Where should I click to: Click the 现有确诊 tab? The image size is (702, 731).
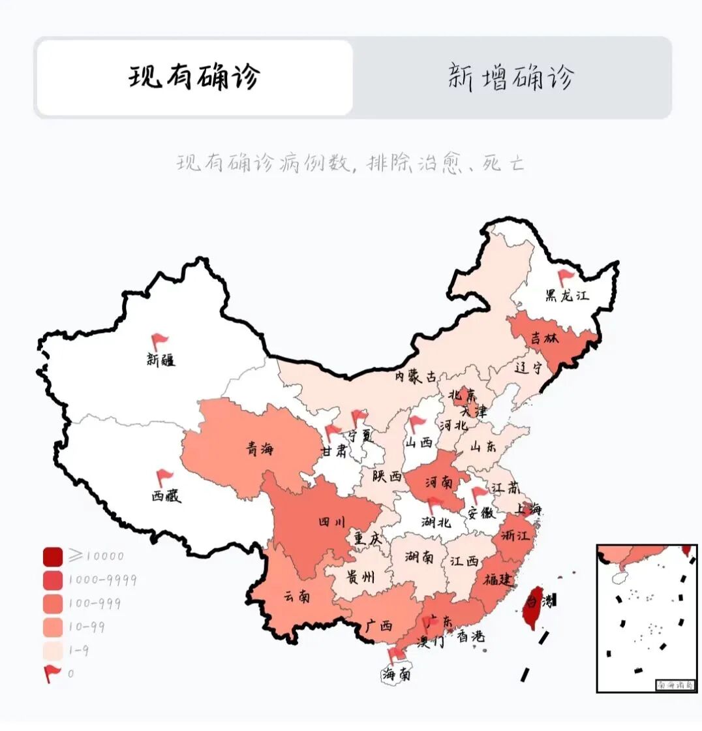[194, 78]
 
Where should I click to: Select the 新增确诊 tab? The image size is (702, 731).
[511, 78]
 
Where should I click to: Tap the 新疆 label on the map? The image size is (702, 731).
[160, 359]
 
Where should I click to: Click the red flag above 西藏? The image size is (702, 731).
[164, 478]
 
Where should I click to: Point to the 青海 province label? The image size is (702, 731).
[260, 448]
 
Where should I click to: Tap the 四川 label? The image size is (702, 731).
[326, 521]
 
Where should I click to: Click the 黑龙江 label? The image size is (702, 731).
[567, 295]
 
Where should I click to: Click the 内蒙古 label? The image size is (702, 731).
[416, 377]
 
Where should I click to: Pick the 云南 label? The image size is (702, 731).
[297, 596]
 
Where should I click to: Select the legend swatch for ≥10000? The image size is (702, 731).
[53, 556]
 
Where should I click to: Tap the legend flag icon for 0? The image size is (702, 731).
[52, 673]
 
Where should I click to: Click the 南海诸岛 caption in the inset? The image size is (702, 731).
[676, 685]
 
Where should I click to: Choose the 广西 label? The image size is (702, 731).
[379, 625]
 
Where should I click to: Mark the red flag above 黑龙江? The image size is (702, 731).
[564, 278]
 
